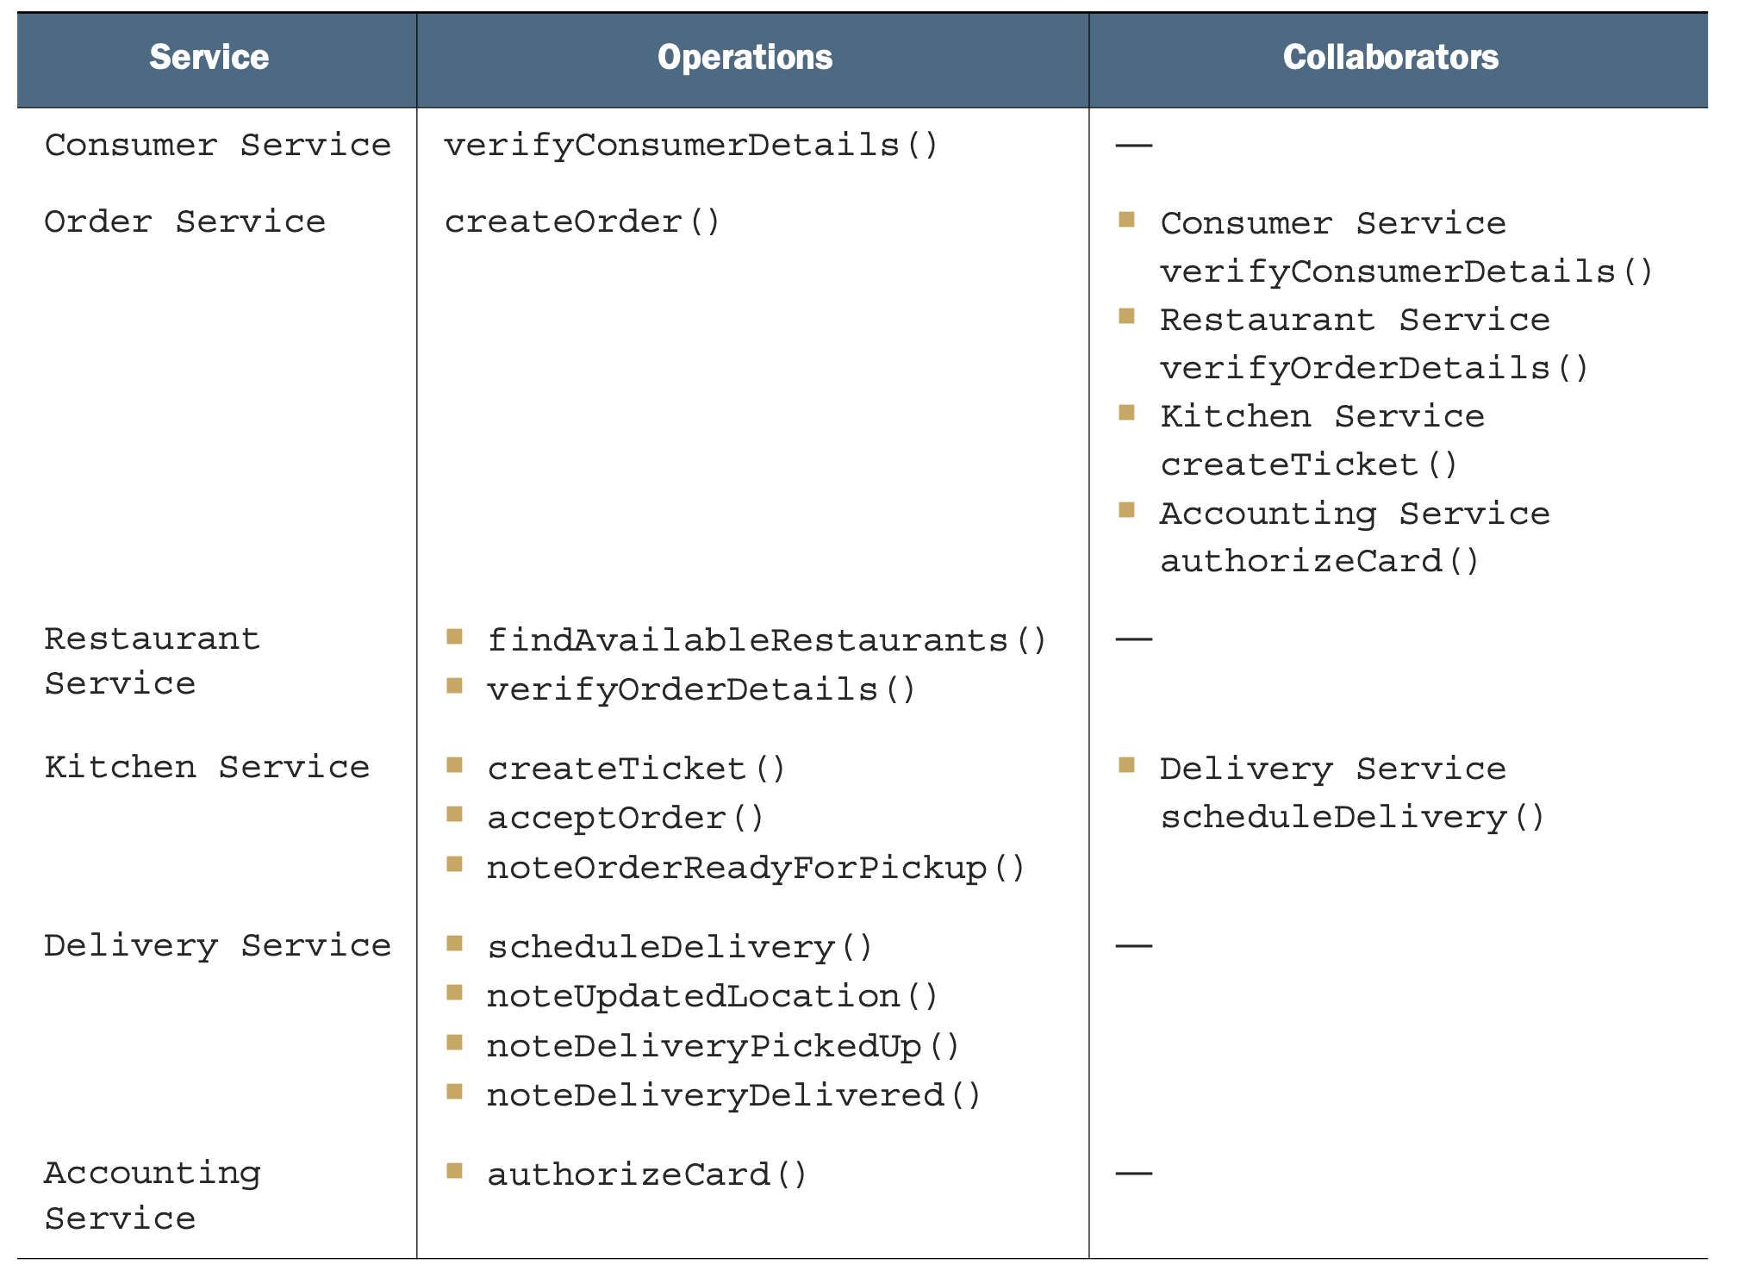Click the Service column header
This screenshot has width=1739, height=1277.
[x=209, y=57]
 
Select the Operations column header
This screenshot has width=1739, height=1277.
[x=745, y=57]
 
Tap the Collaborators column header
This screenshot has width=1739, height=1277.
[x=1391, y=57]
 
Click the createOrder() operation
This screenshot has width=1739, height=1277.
[x=583, y=222]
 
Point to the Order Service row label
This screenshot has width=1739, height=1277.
[x=185, y=222]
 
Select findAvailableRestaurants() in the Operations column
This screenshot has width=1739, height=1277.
[x=767, y=640]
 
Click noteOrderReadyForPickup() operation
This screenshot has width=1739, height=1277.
[x=757, y=868]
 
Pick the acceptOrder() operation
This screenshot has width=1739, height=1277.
[x=626, y=818]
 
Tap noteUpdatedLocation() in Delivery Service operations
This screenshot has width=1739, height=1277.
[x=713, y=997]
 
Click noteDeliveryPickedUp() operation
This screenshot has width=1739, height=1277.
[x=724, y=1046]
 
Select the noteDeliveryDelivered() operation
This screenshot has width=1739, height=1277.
[x=734, y=1096]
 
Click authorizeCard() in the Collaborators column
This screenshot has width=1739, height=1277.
[x=1320, y=562]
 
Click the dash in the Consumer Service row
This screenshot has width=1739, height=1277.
[x=1134, y=146]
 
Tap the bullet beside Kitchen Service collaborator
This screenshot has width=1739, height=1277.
[x=1126, y=413]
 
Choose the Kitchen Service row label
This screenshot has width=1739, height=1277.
[x=207, y=768]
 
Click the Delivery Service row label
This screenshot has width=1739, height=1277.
[x=218, y=946]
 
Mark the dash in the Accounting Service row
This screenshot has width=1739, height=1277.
[x=1134, y=1174]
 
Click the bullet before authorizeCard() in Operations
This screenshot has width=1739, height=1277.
[x=454, y=1171]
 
